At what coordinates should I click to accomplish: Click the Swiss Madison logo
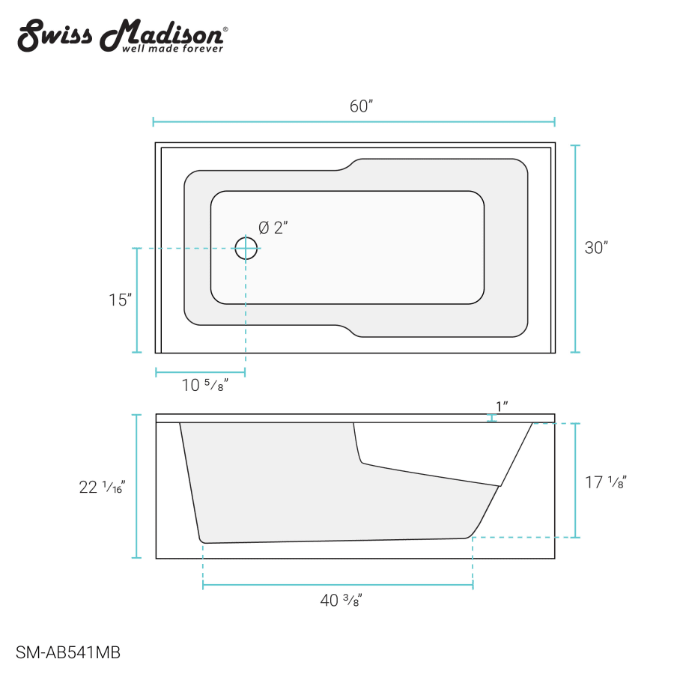pyautogui.click(x=123, y=36)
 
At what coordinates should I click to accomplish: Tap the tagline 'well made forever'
pyautogui.click(x=173, y=49)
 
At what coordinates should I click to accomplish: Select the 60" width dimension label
pyautogui.click(x=361, y=106)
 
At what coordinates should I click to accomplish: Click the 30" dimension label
pyautogui.click(x=596, y=248)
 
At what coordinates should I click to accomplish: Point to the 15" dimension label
pyautogui.click(x=120, y=300)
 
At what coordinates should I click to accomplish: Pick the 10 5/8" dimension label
pyautogui.click(x=204, y=385)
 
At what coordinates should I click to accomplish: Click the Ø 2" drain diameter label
pyautogui.click(x=273, y=228)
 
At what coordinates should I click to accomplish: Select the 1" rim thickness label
pyautogui.click(x=502, y=406)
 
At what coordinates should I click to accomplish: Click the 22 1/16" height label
pyautogui.click(x=102, y=487)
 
